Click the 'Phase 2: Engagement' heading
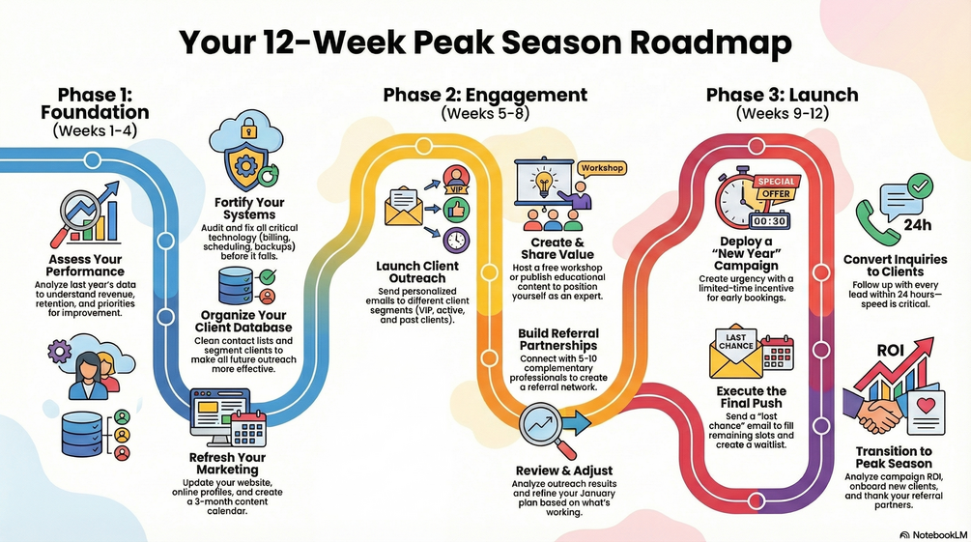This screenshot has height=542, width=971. [x=485, y=95]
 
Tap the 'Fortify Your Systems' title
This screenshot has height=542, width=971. [x=249, y=208]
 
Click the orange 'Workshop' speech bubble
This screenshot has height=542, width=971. [x=602, y=168]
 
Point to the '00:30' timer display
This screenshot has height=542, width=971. [x=770, y=220]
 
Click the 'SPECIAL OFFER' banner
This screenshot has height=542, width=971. [x=777, y=187]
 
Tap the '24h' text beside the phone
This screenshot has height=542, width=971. [x=917, y=225]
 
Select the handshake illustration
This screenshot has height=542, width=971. [x=873, y=412]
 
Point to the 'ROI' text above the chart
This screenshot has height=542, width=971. [x=890, y=351]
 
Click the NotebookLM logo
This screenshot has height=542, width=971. [x=933, y=534]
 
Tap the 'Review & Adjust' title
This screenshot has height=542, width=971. [x=564, y=471]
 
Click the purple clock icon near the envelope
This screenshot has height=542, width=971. [x=456, y=240]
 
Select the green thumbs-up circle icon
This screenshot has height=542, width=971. [x=456, y=210]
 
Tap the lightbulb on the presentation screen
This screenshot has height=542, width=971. [x=544, y=183]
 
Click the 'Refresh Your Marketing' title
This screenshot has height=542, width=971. [x=227, y=464]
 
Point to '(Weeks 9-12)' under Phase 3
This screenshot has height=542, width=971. [x=783, y=113]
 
